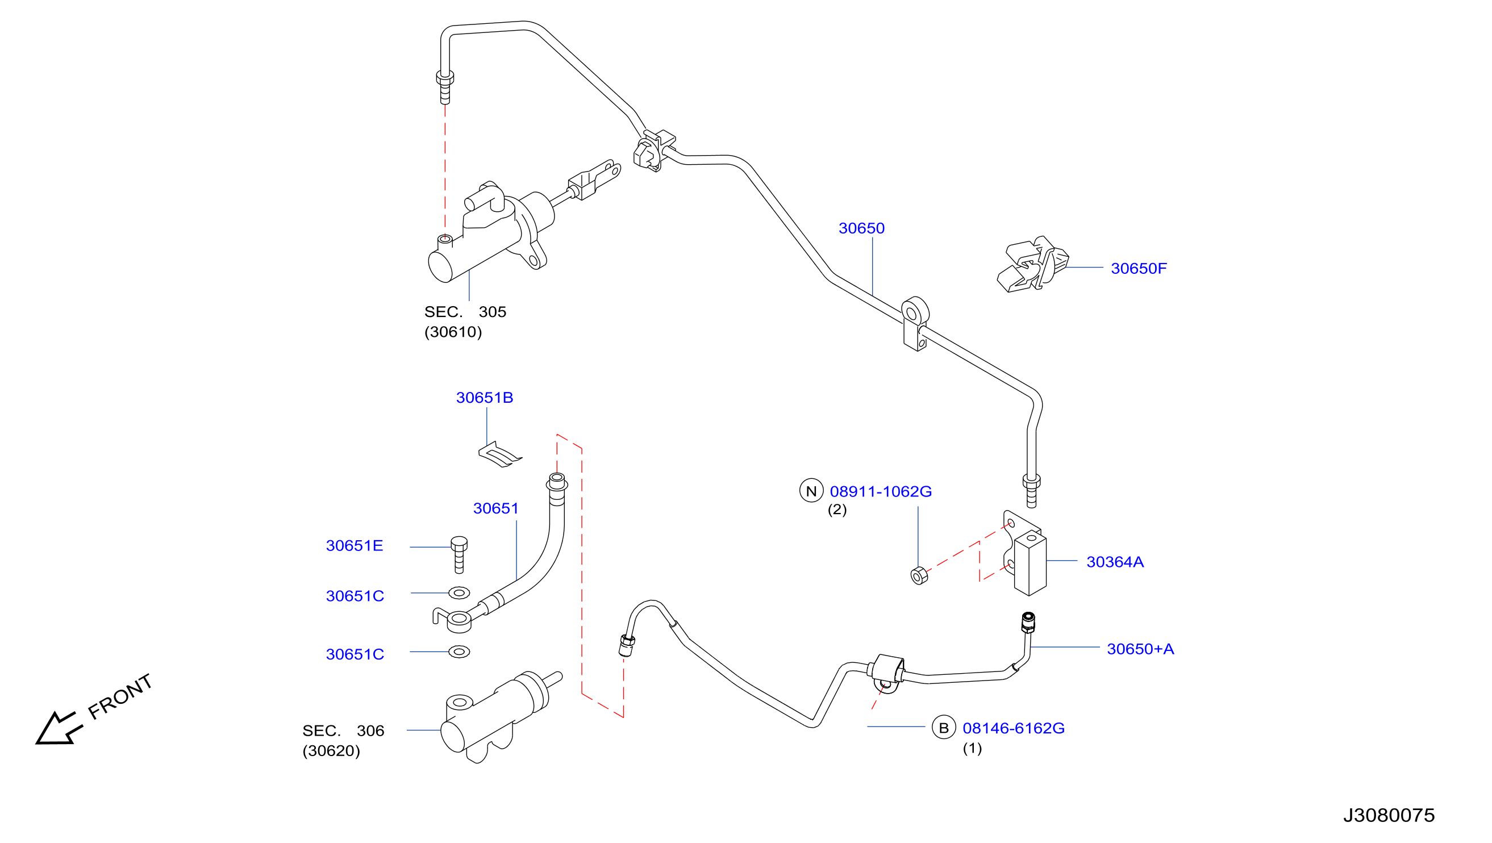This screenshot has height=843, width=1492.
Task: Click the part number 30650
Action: tap(861, 228)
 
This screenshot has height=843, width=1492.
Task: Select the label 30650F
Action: tap(1139, 269)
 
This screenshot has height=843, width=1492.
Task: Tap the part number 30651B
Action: tap(485, 398)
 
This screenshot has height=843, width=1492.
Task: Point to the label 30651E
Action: tap(355, 546)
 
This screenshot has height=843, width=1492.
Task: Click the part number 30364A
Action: tap(1115, 562)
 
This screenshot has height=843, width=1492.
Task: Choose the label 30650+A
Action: tap(1140, 649)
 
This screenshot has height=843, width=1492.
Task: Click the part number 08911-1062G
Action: tap(881, 491)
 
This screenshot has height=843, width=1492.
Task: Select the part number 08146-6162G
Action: tap(1014, 728)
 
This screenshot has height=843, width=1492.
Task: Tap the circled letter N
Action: tap(811, 491)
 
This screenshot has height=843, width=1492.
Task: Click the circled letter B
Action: tap(944, 728)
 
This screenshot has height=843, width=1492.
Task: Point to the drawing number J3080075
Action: tap(1389, 816)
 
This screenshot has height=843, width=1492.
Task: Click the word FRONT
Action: tap(120, 696)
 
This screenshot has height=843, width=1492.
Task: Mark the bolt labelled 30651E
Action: tap(459, 554)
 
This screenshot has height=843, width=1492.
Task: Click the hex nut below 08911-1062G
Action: tap(919, 576)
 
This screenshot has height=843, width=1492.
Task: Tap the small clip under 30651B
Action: tap(500, 454)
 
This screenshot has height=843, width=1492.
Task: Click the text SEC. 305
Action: tap(465, 312)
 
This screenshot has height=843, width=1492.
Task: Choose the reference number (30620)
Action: tap(331, 751)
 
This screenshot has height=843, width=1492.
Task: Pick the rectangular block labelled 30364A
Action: tap(1030, 564)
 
